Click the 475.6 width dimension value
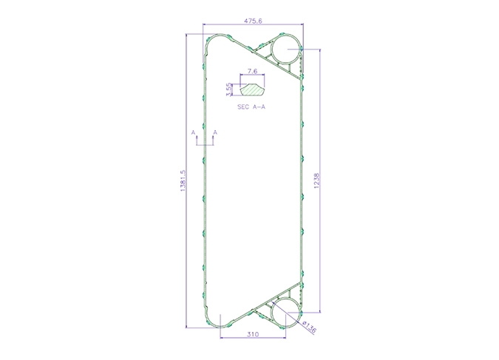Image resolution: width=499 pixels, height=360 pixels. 253,21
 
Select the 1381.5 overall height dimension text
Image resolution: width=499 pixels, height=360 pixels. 183,180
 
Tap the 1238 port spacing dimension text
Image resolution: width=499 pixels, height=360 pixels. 316,180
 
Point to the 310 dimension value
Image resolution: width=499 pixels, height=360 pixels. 253,334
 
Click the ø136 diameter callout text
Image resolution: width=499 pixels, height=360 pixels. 310,327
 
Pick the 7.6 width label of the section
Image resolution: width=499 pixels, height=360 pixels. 252,71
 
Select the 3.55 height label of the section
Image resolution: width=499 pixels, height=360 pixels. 228,89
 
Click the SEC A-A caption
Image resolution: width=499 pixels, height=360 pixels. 251,107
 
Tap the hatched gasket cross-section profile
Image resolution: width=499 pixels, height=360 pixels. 252,90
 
